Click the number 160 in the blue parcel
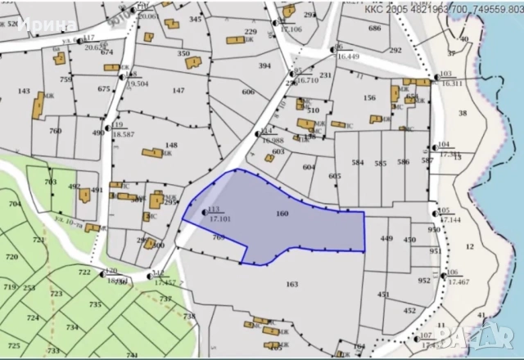[x=282, y=214]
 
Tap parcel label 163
[x=291, y=284]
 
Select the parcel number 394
[x=264, y=65]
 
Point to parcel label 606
[x=248, y=92]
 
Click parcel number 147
[x=178, y=90]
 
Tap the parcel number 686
[x=374, y=28]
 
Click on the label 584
[x=357, y=163]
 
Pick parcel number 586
[x=403, y=163]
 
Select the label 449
[x=386, y=239]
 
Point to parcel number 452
[x=409, y=310]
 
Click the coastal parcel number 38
[x=463, y=113]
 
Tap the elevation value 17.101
[x=219, y=218]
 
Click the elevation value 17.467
[x=458, y=281]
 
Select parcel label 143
[x=24, y=91]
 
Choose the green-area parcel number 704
[x=13, y=203]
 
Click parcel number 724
[x=33, y=317]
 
